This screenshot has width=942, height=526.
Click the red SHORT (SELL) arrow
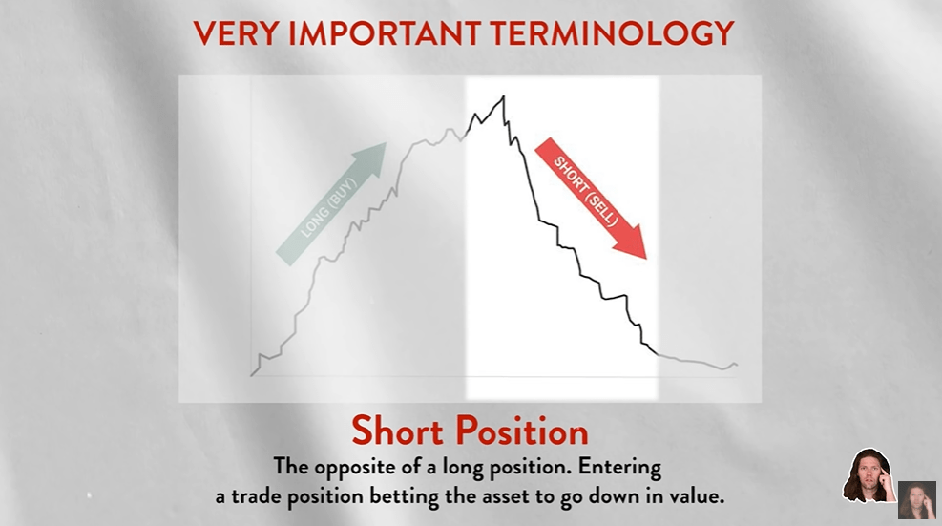tap(591, 198)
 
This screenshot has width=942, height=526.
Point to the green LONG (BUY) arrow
tap(330, 203)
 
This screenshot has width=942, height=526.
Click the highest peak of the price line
tap(503, 96)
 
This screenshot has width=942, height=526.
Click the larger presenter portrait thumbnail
tap(869, 474)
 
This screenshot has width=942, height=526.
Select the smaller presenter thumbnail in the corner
tap(917, 499)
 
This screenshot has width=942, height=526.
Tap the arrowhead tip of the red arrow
tap(646, 259)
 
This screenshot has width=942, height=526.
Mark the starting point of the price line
tap(251, 376)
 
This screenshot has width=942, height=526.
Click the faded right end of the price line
tap(737, 365)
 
